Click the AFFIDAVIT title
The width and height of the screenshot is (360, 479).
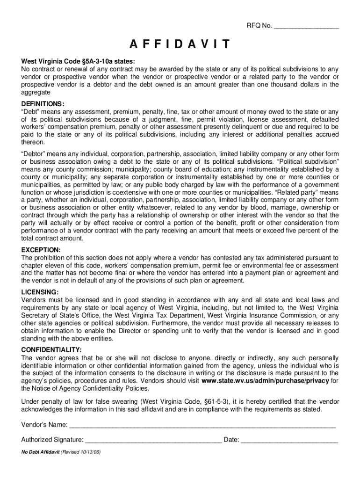click(x=180, y=45)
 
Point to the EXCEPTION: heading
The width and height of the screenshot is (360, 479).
click(x=41, y=250)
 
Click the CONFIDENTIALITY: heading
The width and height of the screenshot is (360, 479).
click(x=51, y=350)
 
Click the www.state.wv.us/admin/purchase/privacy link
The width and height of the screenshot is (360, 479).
click(x=265, y=381)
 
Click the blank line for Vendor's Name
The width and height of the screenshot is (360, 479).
click(x=202, y=426)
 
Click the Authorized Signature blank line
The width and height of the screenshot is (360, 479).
click(x=154, y=440)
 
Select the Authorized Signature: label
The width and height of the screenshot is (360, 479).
click(x=53, y=440)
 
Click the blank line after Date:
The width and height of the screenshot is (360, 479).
click(x=289, y=440)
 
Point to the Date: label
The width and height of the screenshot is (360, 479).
click(x=231, y=440)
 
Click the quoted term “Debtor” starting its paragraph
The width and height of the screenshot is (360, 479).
click(x=33, y=153)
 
